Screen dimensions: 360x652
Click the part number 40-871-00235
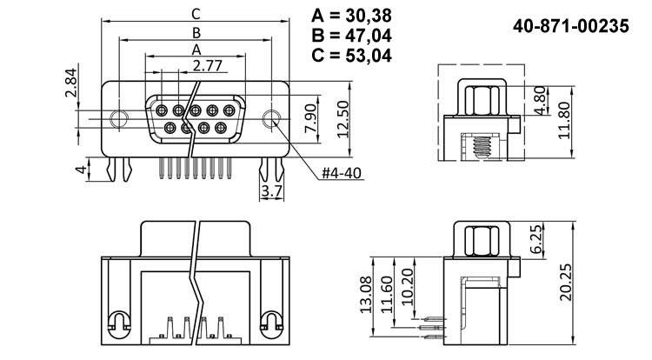(x=571, y=27)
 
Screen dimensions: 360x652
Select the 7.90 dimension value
(x=310, y=118)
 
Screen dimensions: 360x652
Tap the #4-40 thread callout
(x=341, y=173)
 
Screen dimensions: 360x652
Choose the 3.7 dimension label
(x=271, y=190)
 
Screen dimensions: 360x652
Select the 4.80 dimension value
(x=540, y=100)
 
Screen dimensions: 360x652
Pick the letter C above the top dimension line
(x=196, y=13)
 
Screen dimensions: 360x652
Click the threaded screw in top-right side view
(x=477, y=144)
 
